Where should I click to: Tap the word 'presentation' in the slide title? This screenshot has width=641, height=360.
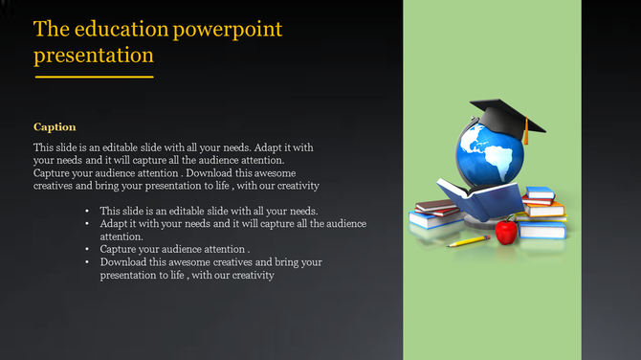93,56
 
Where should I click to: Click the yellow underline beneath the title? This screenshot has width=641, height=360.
94,77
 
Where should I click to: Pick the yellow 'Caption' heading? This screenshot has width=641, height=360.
55,126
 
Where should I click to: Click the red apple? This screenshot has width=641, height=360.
505,231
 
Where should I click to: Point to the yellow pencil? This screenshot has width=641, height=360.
469,241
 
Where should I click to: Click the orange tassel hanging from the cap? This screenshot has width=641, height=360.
525,133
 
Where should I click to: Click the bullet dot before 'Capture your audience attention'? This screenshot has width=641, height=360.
87,249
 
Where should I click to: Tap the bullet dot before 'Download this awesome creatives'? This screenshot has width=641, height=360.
87,261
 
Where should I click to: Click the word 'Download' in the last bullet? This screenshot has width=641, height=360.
122,261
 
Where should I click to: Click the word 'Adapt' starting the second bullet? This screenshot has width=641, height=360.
113,223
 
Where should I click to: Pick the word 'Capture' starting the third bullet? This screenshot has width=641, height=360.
119,249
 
